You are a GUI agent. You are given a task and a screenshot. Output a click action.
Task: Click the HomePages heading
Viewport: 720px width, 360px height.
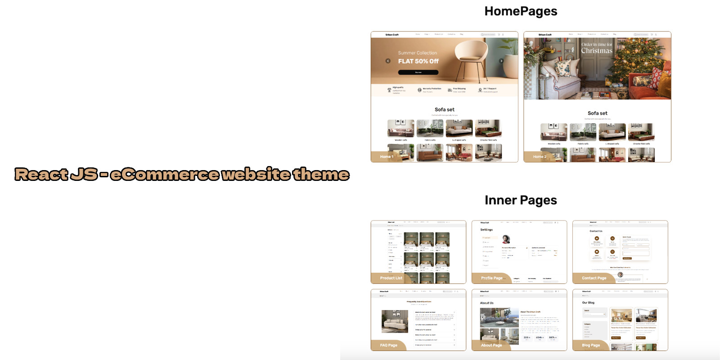tap(521, 11)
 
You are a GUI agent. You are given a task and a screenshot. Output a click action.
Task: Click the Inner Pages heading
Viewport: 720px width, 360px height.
tap(521, 200)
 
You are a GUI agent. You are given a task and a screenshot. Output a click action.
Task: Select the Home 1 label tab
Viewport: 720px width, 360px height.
tap(387, 157)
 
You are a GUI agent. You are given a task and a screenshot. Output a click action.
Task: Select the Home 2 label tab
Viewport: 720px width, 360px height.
tap(540, 157)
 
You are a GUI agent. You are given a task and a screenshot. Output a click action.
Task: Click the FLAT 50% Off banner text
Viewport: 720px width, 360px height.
tap(418, 61)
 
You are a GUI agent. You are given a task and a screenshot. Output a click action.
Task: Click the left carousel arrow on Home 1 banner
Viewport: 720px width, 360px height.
tap(388, 61)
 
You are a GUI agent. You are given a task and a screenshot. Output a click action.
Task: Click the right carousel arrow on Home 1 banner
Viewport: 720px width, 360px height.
tap(501, 61)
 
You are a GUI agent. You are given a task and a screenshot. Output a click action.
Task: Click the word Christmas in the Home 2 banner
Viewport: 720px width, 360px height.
tap(597, 51)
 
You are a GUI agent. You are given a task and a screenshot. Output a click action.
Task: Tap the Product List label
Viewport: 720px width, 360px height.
tap(391, 278)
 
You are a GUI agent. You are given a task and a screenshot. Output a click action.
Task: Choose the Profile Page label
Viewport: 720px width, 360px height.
tap(491, 278)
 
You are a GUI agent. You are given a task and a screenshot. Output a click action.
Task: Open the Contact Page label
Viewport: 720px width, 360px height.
tap(594, 278)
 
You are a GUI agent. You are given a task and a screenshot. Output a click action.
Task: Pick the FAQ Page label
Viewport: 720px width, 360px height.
tap(388, 345)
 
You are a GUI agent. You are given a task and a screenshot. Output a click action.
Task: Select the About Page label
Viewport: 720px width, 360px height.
tap(491, 345)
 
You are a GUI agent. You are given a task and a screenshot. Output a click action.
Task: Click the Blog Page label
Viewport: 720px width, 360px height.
tap(591, 345)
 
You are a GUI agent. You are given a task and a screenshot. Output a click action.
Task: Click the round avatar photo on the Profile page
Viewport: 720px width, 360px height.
tap(506, 239)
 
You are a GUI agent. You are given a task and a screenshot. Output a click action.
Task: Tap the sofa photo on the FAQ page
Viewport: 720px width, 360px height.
tap(395, 321)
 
